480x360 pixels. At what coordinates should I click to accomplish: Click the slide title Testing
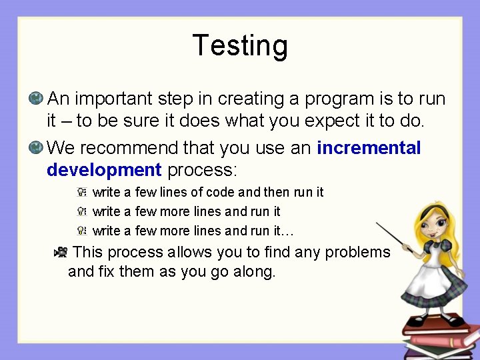tap(240, 46)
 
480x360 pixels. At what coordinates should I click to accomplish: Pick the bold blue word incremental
tap(369, 147)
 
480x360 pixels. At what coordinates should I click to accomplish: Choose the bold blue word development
tap(104, 169)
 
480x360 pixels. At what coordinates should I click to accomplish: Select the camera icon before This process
tap(60, 252)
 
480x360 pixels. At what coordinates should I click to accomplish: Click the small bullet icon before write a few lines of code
tap(81, 192)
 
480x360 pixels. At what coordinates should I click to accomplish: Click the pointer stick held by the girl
tap(397, 238)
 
